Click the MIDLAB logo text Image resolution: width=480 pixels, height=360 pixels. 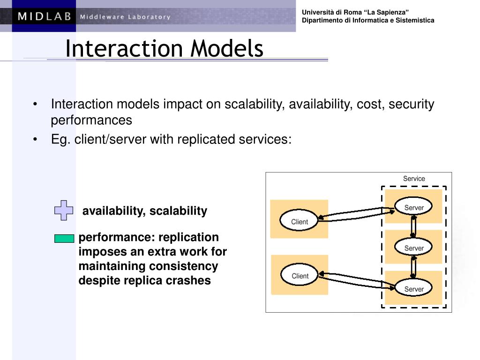tap(45, 16)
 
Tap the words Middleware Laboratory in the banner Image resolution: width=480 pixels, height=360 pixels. tap(125, 17)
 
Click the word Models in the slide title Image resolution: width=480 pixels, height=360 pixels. tap(227, 48)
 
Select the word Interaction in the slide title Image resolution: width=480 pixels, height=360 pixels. tap(124, 48)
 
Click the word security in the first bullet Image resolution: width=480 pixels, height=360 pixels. tap(411, 105)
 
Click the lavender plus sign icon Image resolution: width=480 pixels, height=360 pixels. tap(64, 210)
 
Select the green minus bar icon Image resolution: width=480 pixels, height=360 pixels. tap(64, 239)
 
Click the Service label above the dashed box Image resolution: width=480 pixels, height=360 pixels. tap(414, 179)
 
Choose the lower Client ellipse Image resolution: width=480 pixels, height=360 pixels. tap(300, 275)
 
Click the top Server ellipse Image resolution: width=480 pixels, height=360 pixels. tap(413, 206)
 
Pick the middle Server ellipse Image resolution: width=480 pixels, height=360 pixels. tap(413, 247)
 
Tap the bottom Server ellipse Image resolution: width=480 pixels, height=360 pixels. tap(413, 287)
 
